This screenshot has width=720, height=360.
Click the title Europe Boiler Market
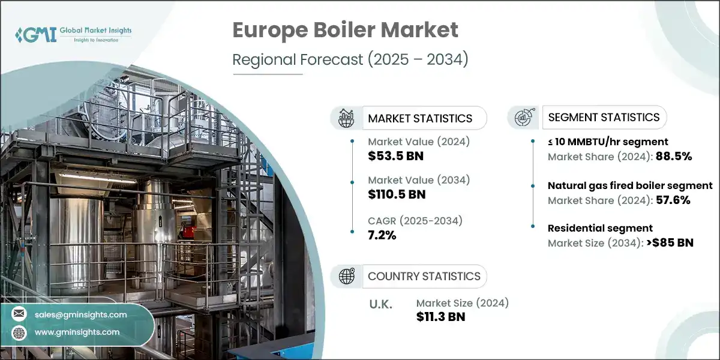[x=345, y=30]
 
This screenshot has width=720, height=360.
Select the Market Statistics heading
[x=420, y=118]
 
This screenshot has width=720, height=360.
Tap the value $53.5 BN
[x=396, y=157]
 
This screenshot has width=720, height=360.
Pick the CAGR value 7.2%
[x=382, y=235]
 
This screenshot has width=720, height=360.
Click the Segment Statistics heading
[x=604, y=117]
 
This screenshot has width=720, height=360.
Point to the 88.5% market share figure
[x=673, y=157]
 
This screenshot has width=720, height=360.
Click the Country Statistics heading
[x=424, y=276]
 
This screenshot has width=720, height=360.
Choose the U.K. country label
[x=380, y=304]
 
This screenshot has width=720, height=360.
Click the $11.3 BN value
[x=440, y=317]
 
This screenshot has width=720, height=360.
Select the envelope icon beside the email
[x=19, y=314]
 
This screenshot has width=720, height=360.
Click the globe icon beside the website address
[x=19, y=332]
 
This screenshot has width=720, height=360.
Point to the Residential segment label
[x=600, y=228]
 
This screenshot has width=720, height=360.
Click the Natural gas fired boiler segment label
[x=630, y=185]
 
